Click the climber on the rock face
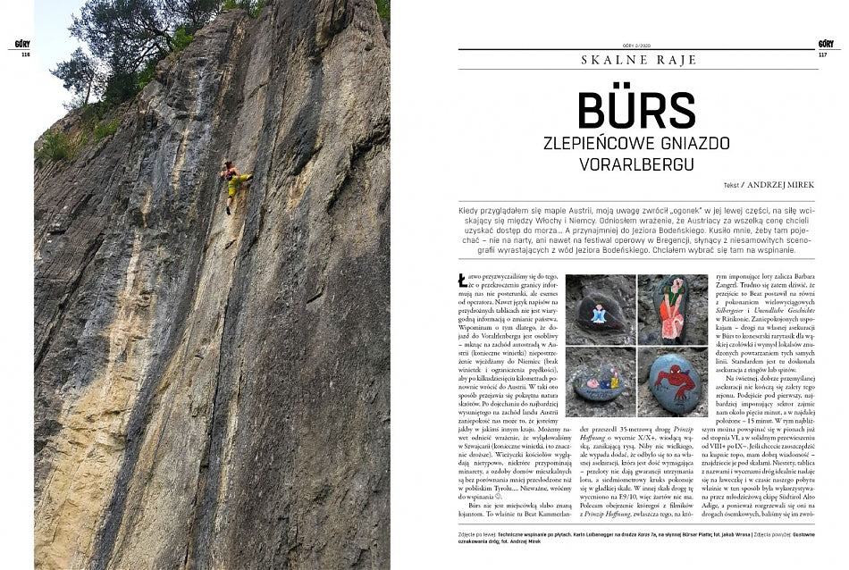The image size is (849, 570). [x=234, y=183]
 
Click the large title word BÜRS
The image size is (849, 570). [x=636, y=109]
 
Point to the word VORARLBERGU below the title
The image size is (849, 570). [x=636, y=164]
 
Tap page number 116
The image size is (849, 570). [x=24, y=54]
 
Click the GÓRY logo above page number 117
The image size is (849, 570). [x=825, y=43]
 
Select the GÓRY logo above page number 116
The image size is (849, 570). [x=24, y=43]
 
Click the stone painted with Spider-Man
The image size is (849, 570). [x=672, y=380]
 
